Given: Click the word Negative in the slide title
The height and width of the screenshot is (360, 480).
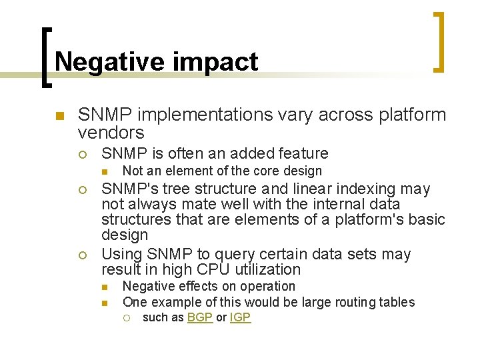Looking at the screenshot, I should click(x=107, y=62).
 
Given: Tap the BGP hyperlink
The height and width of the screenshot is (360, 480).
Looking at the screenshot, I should click(x=199, y=318).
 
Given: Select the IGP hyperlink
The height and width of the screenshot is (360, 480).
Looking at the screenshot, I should click(x=240, y=318).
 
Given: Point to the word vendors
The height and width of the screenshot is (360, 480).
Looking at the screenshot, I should click(x=111, y=132).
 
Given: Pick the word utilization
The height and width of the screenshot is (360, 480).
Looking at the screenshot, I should click(x=268, y=270).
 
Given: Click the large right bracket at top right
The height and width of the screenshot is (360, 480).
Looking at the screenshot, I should click(x=439, y=41).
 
